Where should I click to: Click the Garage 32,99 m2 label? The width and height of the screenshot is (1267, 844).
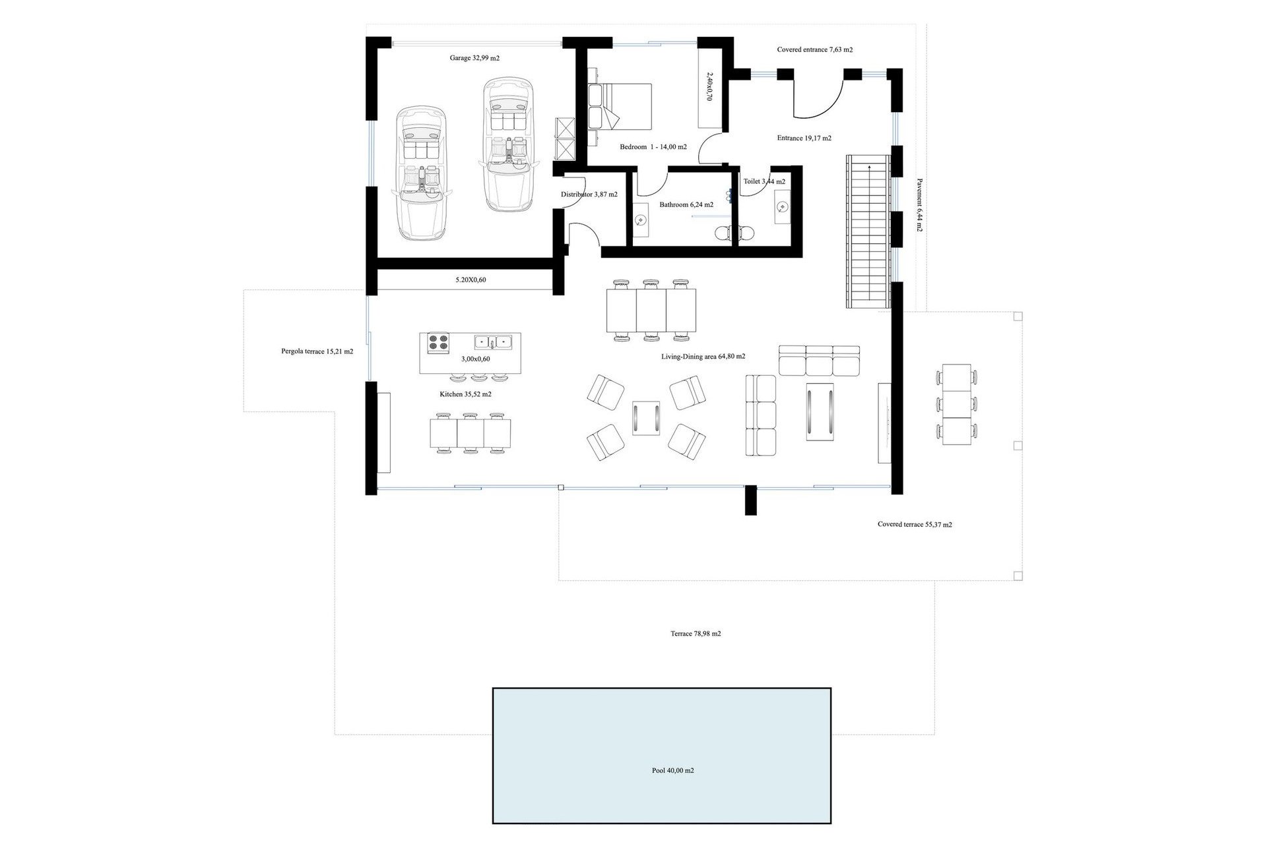pyautogui.click(x=474, y=58)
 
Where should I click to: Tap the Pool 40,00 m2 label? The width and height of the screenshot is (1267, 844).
pyautogui.click(x=672, y=770)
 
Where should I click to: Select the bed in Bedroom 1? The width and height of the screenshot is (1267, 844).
pyautogui.click(x=620, y=106)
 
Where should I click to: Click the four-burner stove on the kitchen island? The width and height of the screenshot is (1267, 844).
pyautogui.click(x=438, y=343)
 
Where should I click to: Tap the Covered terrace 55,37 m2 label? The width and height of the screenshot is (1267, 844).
pyautogui.click(x=914, y=525)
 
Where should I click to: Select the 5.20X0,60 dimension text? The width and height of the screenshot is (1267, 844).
pyautogui.click(x=471, y=280)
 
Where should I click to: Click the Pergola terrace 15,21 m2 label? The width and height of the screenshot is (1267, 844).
pyautogui.click(x=317, y=351)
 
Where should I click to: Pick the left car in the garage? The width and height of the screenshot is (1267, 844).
pyautogui.click(x=421, y=173)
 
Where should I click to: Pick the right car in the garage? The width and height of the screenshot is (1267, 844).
pyautogui.click(x=508, y=144)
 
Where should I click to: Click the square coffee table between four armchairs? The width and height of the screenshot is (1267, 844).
pyautogui.click(x=646, y=418)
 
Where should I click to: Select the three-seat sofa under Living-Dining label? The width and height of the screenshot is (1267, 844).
pyautogui.click(x=819, y=360)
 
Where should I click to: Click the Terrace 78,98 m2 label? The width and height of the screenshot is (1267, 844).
pyautogui.click(x=696, y=634)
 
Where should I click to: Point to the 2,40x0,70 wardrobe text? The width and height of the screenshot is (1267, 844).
pyautogui.click(x=709, y=86)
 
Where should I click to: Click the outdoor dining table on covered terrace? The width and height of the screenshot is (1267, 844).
pyautogui.click(x=956, y=404)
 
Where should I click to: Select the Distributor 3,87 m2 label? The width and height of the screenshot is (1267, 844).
pyautogui.click(x=589, y=195)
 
